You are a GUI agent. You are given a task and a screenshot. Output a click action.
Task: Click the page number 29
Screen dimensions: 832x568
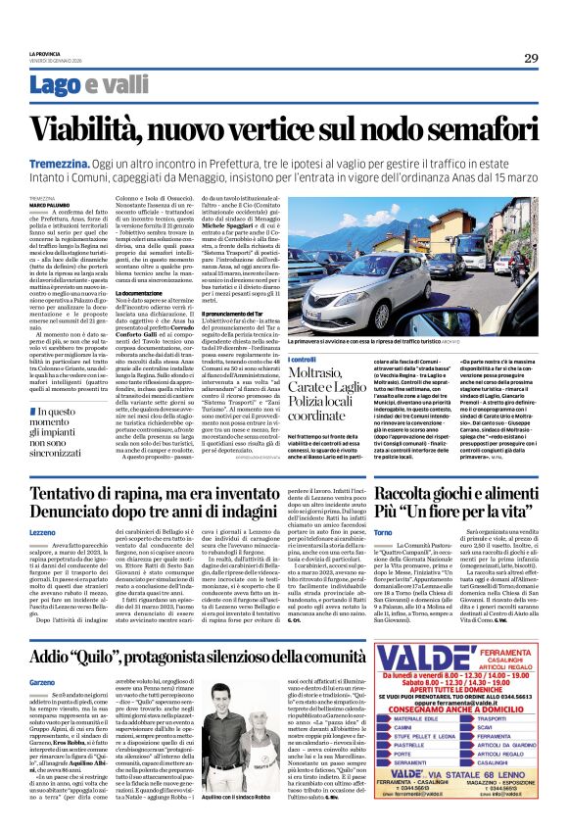pyautogui.click(x=531, y=58)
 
